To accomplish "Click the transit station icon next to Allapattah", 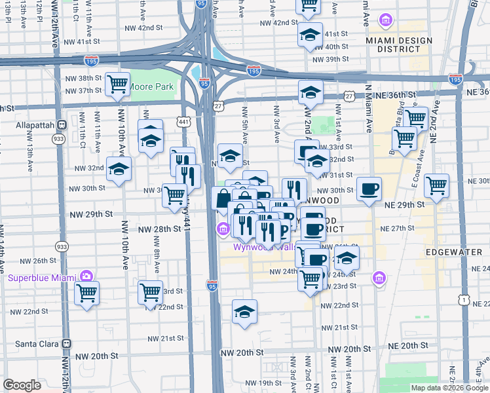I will click(x=62, y=124).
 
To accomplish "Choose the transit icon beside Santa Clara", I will click(x=66, y=343).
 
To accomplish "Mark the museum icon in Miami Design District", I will click(x=386, y=21).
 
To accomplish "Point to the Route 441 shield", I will click(x=183, y=121).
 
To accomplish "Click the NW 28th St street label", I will click(x=159, y=229).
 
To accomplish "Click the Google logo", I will click(x=22, y=386).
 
